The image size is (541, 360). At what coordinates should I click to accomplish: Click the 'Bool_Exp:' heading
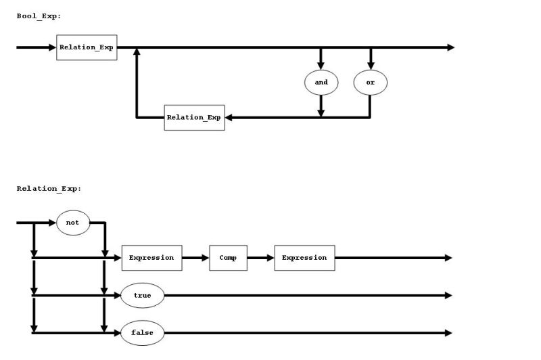tap(39, 16)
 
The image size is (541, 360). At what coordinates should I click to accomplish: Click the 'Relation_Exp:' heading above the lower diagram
tap(49, 189)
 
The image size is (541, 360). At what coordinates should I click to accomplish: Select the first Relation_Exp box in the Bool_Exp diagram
tap(87, 47)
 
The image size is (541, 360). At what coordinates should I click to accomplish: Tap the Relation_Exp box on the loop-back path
tap(194, 117)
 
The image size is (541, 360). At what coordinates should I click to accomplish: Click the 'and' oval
tap(321, 83)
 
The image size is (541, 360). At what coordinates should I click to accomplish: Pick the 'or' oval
tap(370, 83)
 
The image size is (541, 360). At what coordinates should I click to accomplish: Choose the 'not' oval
tap(73, 223)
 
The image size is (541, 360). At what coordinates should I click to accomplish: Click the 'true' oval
tap(142, 296)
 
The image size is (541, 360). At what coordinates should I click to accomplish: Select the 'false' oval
tap(142, 333)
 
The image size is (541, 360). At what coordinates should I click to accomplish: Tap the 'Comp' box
tap(228, 258)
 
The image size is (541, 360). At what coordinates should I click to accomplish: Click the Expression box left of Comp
tap(151, 258)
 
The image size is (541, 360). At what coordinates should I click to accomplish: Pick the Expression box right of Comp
tap(304, 258)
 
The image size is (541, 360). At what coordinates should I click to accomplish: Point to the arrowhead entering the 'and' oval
tap(321, 65)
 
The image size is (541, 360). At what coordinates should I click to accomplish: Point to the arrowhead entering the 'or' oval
tap(370, 65)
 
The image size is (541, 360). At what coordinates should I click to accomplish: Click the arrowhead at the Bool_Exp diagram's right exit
tap(450, 47)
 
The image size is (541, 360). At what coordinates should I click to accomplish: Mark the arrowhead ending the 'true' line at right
tap(448, 296)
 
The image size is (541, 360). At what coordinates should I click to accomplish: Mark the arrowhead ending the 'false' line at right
tap(448, 333)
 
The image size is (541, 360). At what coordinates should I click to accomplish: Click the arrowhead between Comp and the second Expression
tap(270, 258)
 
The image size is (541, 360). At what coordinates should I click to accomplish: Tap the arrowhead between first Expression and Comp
tap(205, 258)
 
